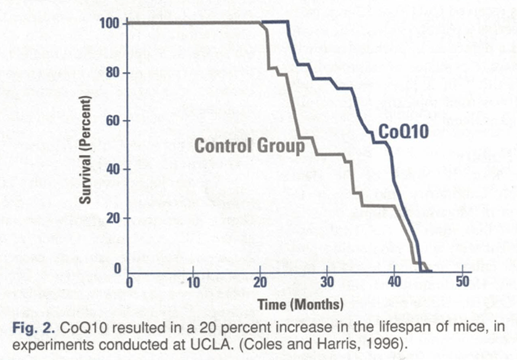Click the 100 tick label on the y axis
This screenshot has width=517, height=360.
[x=109, y=23]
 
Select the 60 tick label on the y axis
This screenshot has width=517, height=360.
[x=112, y=120]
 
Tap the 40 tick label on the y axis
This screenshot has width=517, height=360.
[x=112, y=169]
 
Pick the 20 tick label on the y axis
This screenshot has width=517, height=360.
[x=112, y=218]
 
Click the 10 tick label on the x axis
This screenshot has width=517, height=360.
[x=193, y=284]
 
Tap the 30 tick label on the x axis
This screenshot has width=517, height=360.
[x=327, y=284]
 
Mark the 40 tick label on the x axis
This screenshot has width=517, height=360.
[x=394, y=284]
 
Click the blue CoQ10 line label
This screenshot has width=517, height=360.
[x=403, y=132]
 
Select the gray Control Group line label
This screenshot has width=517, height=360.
[x=249, y=146]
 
